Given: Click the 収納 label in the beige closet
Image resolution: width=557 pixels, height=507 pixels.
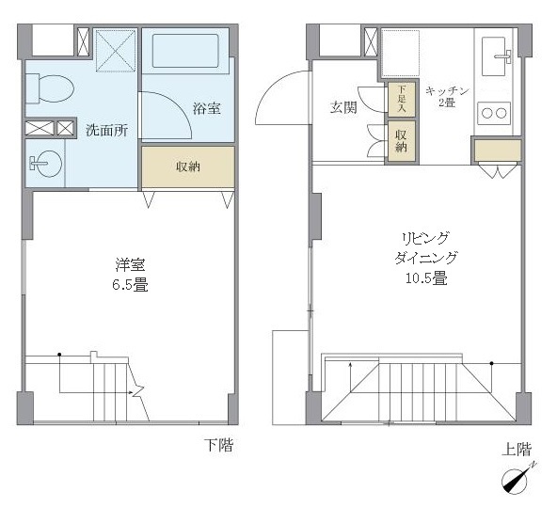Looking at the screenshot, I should coord(187,167).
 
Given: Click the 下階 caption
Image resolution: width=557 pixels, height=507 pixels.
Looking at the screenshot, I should coord(218,445).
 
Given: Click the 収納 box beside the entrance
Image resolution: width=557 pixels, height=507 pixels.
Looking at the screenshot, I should coord(400,140).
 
